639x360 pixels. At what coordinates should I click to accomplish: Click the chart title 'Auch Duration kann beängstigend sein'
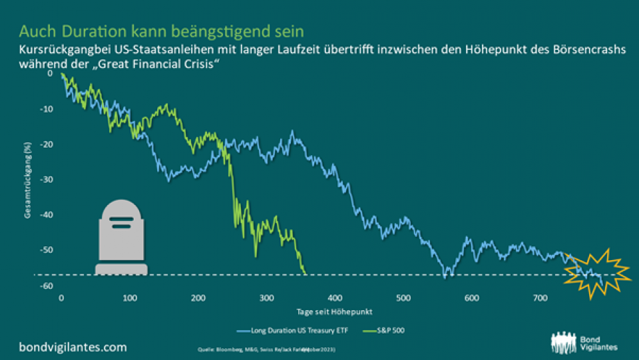point(162,31)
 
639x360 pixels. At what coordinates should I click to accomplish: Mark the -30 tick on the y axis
point(47,180)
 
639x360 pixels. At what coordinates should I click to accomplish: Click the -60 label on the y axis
point(47,286)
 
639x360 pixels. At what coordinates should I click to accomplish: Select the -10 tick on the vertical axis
point(47,108)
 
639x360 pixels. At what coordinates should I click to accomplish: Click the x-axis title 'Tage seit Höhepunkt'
point(326,311)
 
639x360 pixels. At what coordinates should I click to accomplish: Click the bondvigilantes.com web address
point(73,347)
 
